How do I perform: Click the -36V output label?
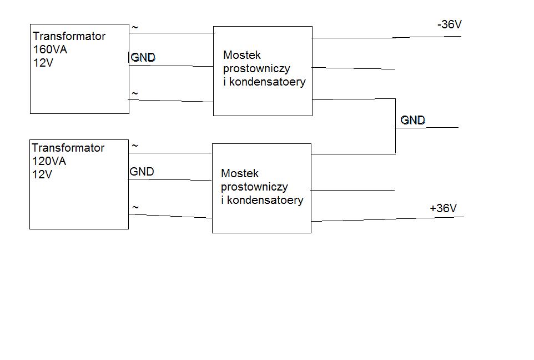pos(450,24)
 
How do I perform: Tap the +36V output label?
pos(443,208)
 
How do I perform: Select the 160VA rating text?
pos(50,49)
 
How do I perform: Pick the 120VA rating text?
pos(49,161)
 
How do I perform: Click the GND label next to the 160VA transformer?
pos(143,57)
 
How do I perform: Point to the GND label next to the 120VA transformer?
pos(142,172)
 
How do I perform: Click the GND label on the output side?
pos(413,120)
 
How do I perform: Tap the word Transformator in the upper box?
pos(69,36)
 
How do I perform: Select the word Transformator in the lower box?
pos(68,148)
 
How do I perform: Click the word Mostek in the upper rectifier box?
pos(242,55)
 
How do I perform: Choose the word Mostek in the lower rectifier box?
pos(240,173)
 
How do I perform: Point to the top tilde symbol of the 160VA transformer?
pos(135,27)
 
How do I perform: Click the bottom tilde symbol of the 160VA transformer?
pos(135,93)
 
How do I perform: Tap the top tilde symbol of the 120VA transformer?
pos(135,146)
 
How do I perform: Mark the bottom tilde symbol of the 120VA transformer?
pos(135,207)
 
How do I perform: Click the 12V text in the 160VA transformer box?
pos(43,63)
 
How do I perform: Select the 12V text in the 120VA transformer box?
pos(42,174)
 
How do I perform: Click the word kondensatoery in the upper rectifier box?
pos(268,82)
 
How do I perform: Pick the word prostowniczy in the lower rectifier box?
pos(254,187)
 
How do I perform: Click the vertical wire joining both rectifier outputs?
pos(395,126)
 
